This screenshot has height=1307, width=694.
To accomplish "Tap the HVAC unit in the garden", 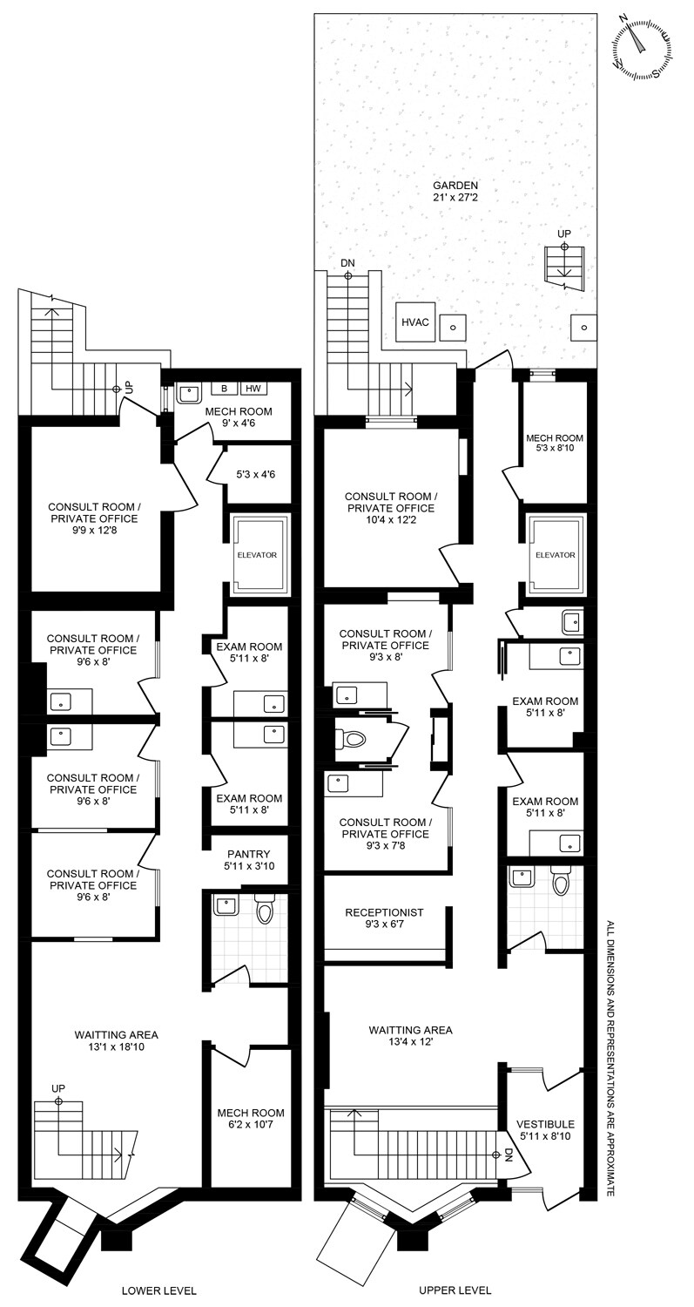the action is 415,322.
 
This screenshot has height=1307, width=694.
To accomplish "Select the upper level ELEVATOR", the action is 556,554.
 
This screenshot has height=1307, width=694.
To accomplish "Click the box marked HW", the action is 253,388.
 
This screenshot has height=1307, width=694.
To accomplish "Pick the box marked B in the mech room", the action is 224,388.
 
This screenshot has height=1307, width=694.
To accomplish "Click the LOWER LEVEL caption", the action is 158,1290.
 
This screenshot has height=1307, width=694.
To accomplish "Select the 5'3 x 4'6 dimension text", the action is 255,474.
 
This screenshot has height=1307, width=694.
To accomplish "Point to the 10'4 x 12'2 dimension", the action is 391,519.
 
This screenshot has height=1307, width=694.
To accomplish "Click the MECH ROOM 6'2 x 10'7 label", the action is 251,1119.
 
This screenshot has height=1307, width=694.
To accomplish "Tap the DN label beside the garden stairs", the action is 347,263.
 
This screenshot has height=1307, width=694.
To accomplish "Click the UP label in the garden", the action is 564,234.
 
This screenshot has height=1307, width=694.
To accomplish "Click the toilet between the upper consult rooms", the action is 351,740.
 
